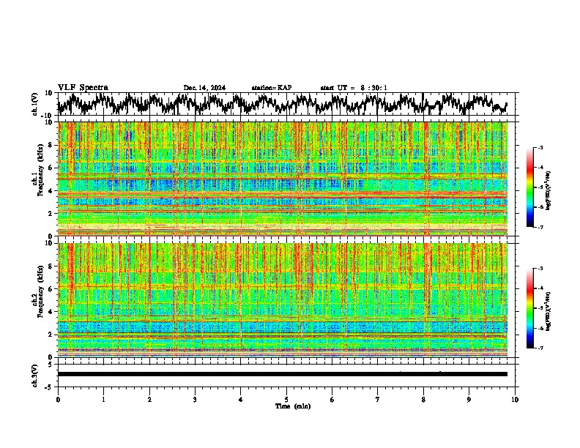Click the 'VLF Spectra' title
[83, 87]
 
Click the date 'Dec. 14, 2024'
[204, 88]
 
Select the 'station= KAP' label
[271, 88]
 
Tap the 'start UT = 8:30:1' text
[354, 88]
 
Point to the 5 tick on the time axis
[286, 399]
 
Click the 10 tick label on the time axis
[515, 399]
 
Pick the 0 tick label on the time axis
[58, 399]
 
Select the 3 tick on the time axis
[195, 399]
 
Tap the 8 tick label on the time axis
[423, 399]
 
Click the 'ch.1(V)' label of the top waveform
[34, 104]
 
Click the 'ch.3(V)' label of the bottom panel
[34, 374]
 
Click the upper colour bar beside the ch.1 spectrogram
[537, 187]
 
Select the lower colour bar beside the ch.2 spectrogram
[537, 308]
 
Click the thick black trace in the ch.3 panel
[282, 374]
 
